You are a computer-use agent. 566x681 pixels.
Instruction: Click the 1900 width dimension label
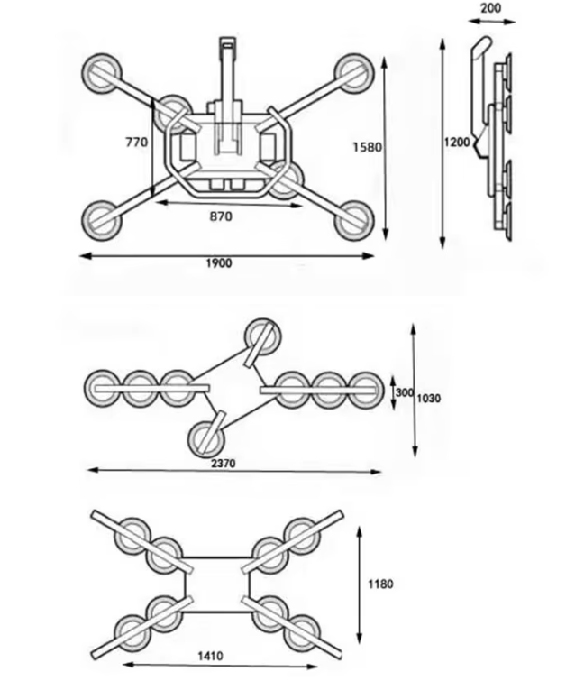pyautogui.click(x=219, y=263)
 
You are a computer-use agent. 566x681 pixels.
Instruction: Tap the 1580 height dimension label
pyautogui.click(x=367, y=147)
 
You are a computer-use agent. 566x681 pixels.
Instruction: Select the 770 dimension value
pyautogui.click(x=137, y=142)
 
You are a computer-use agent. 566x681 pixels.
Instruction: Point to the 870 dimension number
pyautogui.click(x=221, y=216)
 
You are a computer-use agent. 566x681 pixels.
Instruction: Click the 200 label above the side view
pyautogui.click(x=491, y=8)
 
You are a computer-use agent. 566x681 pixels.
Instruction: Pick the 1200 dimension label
pyautogui.click(x=457, y=142)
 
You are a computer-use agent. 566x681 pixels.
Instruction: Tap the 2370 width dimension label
pyautogui.click(x=224, y=464)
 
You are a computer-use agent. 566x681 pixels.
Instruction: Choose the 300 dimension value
pyautogui.click(x=404, y=392)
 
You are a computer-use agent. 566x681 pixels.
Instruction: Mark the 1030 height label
pyautogui.click(x=429, y=398)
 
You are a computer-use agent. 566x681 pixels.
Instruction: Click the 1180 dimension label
pyautogui.click(x=380, y=584)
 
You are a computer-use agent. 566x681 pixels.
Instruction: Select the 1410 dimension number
pyautogui.click(x=211, y=656)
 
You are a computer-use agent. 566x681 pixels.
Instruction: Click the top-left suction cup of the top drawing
pyautogui.click(x=102, y=73)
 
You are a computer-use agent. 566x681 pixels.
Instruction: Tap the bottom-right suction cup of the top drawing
pyautogui.click(x=354, y=221)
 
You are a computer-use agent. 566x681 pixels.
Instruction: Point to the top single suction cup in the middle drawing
pyautogui.click(x=262, y=336)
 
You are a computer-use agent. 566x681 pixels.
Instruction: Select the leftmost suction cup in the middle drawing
pyautogui.click(x=103, y=388)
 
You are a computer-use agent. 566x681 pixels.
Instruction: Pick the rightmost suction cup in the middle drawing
pyautogui.click(x=366, y=391)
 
